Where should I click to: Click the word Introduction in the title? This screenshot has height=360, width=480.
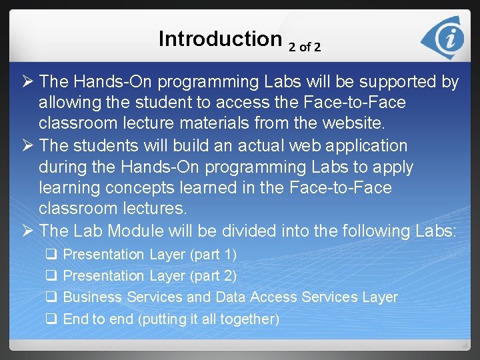coord(220,39)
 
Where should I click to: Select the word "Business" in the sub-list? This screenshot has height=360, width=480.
coord(92,297)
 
